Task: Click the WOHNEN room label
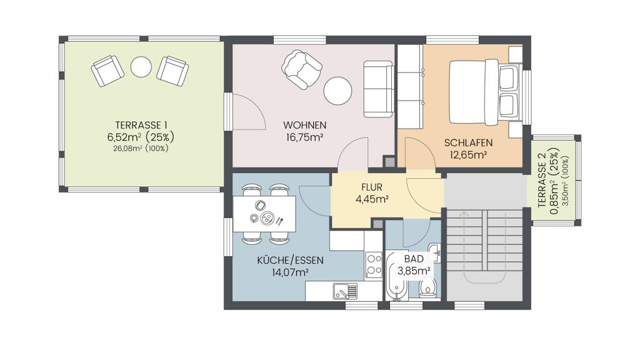point(304,125)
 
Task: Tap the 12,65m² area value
point(468,155)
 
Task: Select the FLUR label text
point(372,187)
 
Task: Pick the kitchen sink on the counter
point(345,291)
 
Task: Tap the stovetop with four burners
point(374,265)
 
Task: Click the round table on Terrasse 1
point(141,67)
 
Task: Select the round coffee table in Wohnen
point(338,91)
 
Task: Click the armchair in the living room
point(302,69)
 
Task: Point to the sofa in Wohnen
point(379,89)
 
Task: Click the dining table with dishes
point(264,214)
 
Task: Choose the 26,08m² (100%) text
point(141,149)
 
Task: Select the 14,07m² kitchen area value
point(290,272)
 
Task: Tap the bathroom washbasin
point(435,252)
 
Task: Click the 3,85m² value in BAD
point(414,270)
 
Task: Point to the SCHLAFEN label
point(468,143)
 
